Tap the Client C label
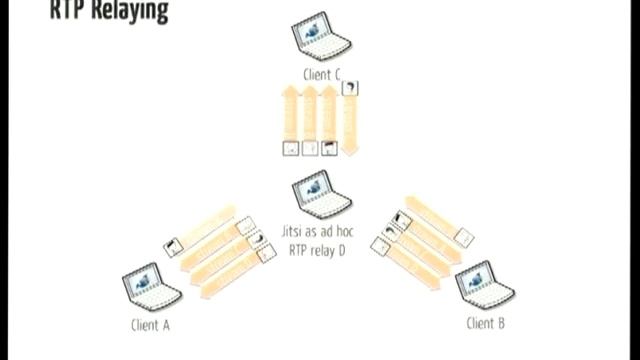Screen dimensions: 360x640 (320, 75)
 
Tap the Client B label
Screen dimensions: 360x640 (486, 324)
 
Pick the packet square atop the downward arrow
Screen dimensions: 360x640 (349, 89)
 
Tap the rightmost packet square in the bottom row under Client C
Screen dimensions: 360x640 (329, 149)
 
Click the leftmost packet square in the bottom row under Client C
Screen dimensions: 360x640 (290, 149)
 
